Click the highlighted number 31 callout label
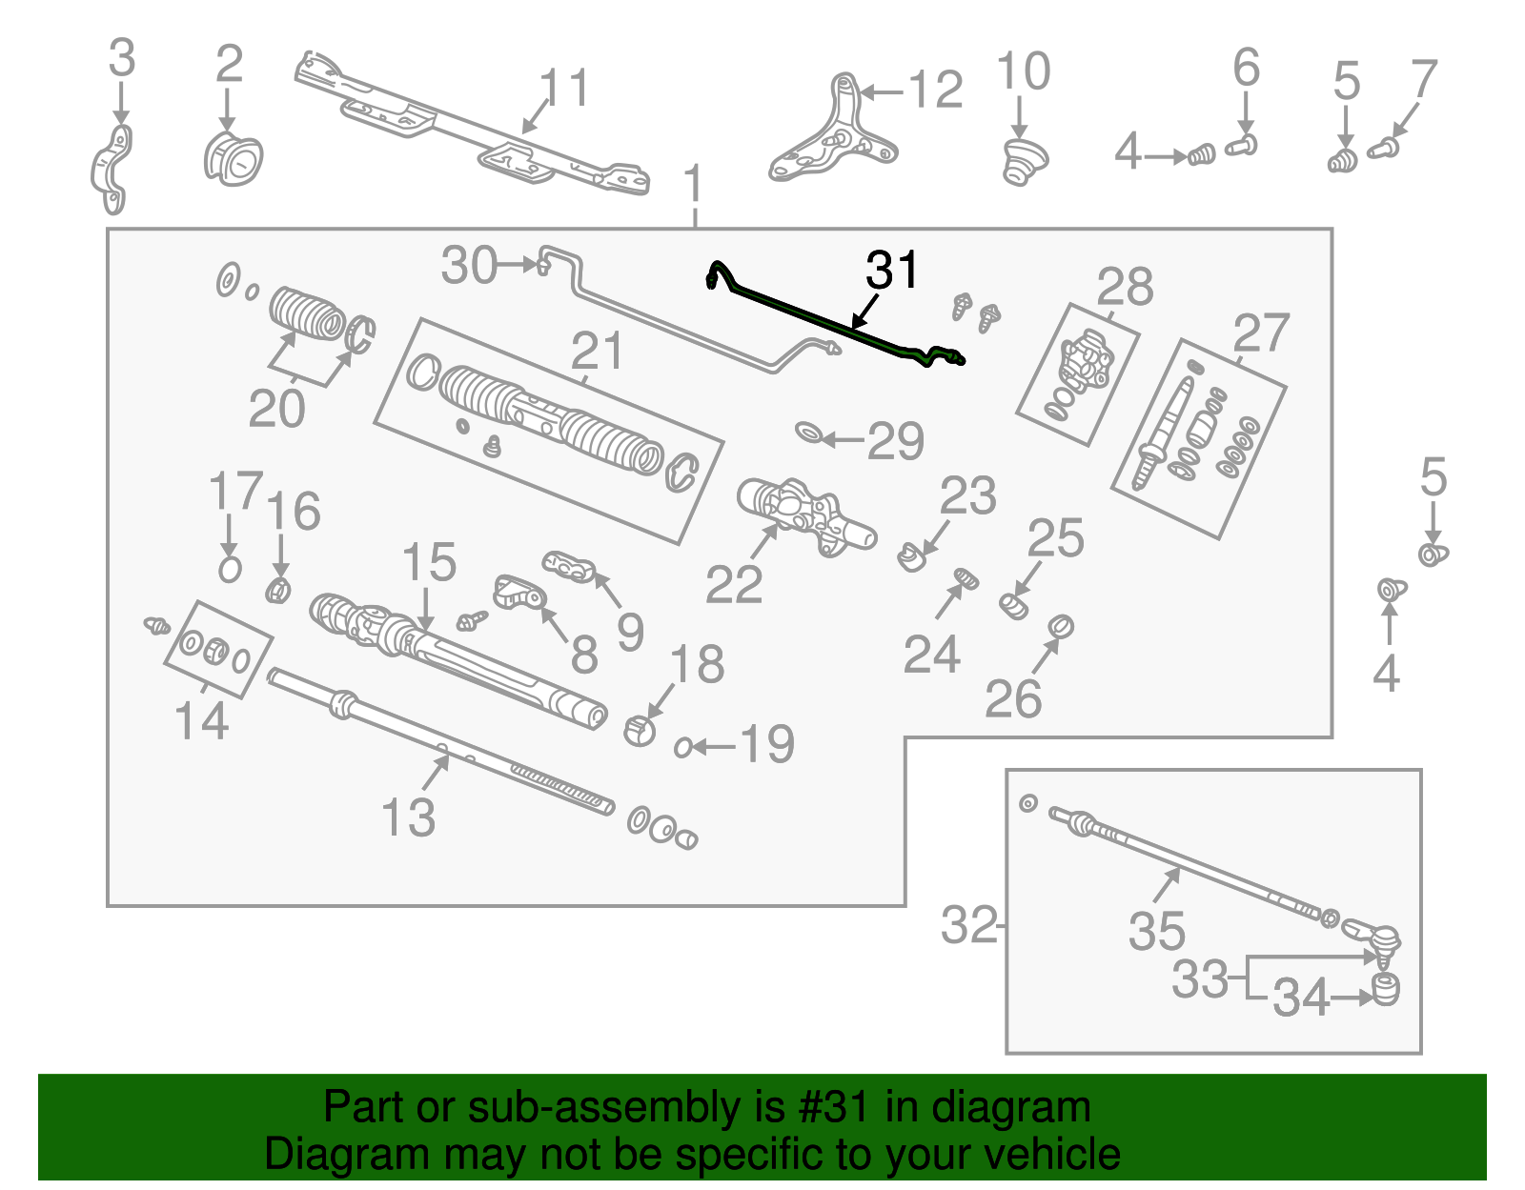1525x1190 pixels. [x=891, y=271]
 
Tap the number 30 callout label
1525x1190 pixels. [x=469, y=266]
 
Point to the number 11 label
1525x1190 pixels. [x=564, y=90]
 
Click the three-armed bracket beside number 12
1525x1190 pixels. [x=833, y=132]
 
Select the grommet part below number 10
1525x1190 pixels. [x=1024, y=162]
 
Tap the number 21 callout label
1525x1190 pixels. [x=597, y=352]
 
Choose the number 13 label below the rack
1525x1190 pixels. [x=408, y=817]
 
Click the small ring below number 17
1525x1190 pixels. [x=230, y=570]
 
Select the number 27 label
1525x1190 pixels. [x=1260, y=334]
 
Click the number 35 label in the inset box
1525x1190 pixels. [x=1156, y=931]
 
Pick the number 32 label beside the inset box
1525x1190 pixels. [x=968, y=925]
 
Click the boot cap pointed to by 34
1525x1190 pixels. [x=1385, y=989]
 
